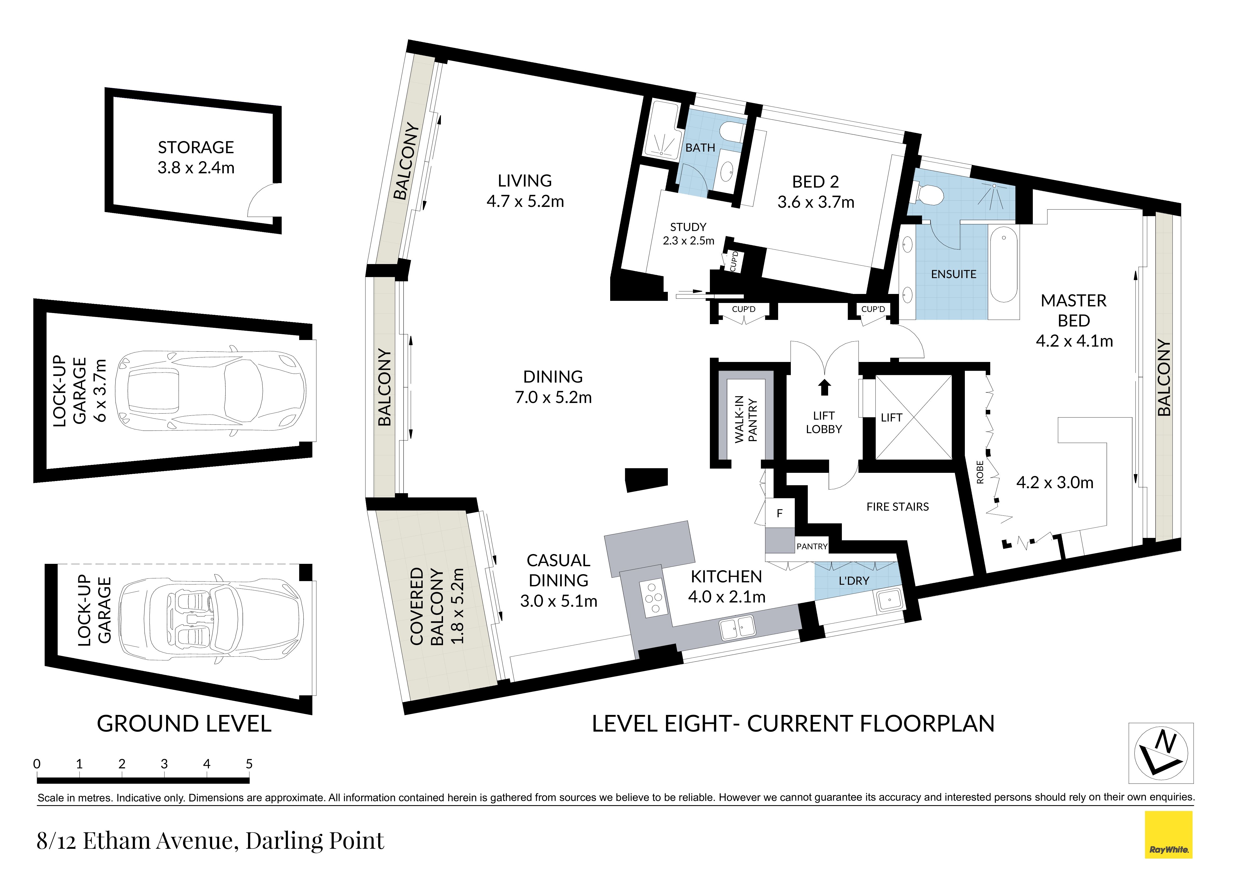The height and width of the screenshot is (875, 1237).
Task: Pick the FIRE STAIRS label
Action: pos(898,507)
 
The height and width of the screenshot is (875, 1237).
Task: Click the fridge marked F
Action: pos(779,513)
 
